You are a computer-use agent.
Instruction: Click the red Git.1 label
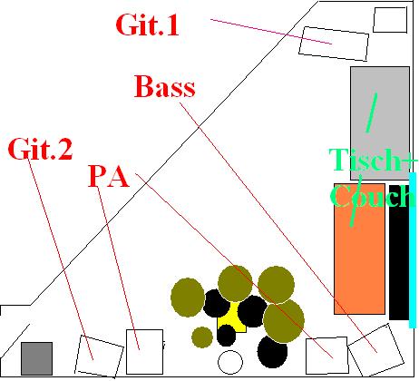tap(147, 25)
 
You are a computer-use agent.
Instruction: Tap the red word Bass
tap(165, 86)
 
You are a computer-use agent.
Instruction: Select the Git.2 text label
tap(40, 149)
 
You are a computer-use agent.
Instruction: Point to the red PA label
tap(109, 177)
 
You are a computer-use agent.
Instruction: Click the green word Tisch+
tap(374, 160)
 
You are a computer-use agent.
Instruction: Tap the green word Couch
tap(373, 196)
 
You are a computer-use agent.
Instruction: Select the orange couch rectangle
tap(359, 249)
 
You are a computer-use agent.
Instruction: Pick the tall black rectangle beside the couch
tap(399, 252)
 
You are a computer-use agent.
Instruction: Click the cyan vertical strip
tap(413, 250)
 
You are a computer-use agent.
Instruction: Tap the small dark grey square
tap(36, 358)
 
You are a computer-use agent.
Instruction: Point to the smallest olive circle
tap(202, 337)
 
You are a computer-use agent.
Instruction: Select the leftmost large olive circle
tap(188, 298)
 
